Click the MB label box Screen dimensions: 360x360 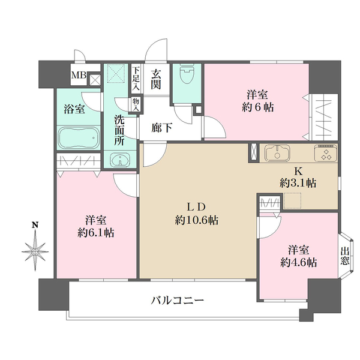(x=79, y=76)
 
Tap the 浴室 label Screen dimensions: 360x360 (x=74, y=109)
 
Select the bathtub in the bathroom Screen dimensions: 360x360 (x=79, y=139)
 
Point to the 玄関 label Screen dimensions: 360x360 (x=157, y=80)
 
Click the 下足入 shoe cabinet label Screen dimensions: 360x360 (x=136, y=78)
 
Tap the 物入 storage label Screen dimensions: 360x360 (x=135, y=106)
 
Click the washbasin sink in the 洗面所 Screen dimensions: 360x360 (x=120, y=160)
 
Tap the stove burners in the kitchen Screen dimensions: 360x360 (x=326, y=154)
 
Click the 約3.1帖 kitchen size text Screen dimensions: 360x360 (x=298, y=183)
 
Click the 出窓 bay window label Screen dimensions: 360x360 (x=345, y=256)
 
